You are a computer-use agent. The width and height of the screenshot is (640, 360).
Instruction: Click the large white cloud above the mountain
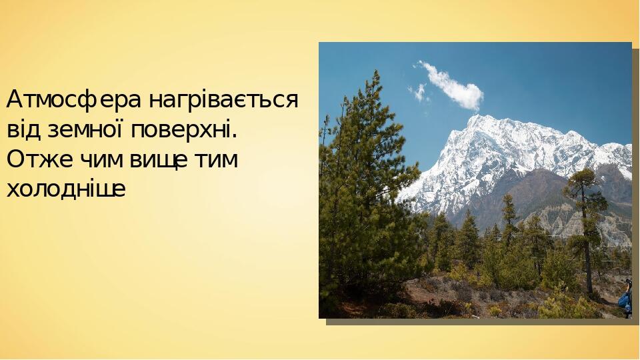click(x=453, y=87)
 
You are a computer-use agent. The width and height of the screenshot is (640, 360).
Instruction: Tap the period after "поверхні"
click(x=235, y=135)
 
